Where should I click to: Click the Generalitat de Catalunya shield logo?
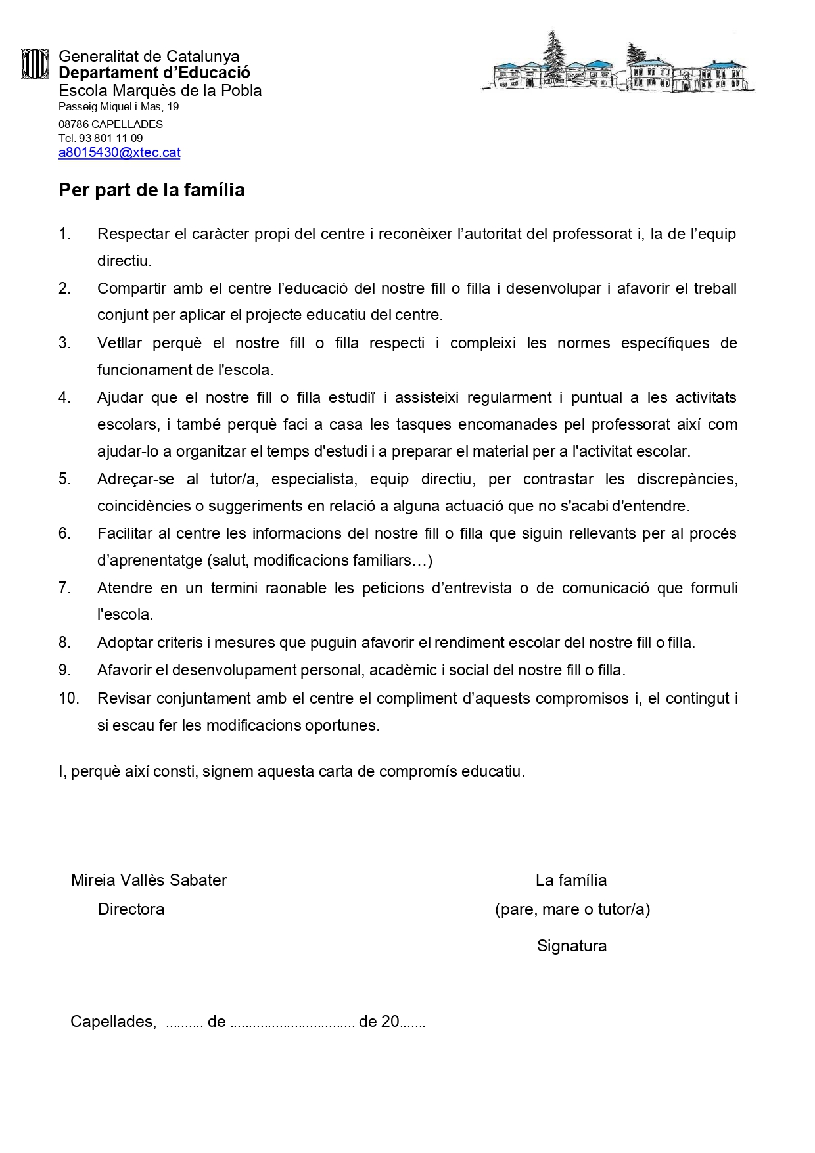coord(35,64)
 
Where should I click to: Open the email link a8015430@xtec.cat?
coord(119,152)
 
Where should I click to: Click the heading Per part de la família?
coord(151,191)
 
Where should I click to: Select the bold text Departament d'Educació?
coord(154,73)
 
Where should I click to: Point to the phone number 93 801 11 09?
coord(110,138)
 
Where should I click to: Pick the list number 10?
coord(68,698)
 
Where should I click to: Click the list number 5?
coord(64,479)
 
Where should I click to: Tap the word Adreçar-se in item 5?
coord(135,479)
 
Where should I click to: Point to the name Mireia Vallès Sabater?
coord(149,880)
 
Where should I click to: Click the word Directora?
coord(131,909)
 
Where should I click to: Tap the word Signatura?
coord(571,946)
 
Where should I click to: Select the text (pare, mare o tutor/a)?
coord(572,909)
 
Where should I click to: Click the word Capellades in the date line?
coord(112,1022)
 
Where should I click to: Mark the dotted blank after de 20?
coord(413,1024)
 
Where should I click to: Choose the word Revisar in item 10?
coord(124,698)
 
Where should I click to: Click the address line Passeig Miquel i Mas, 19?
coord(118,107)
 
